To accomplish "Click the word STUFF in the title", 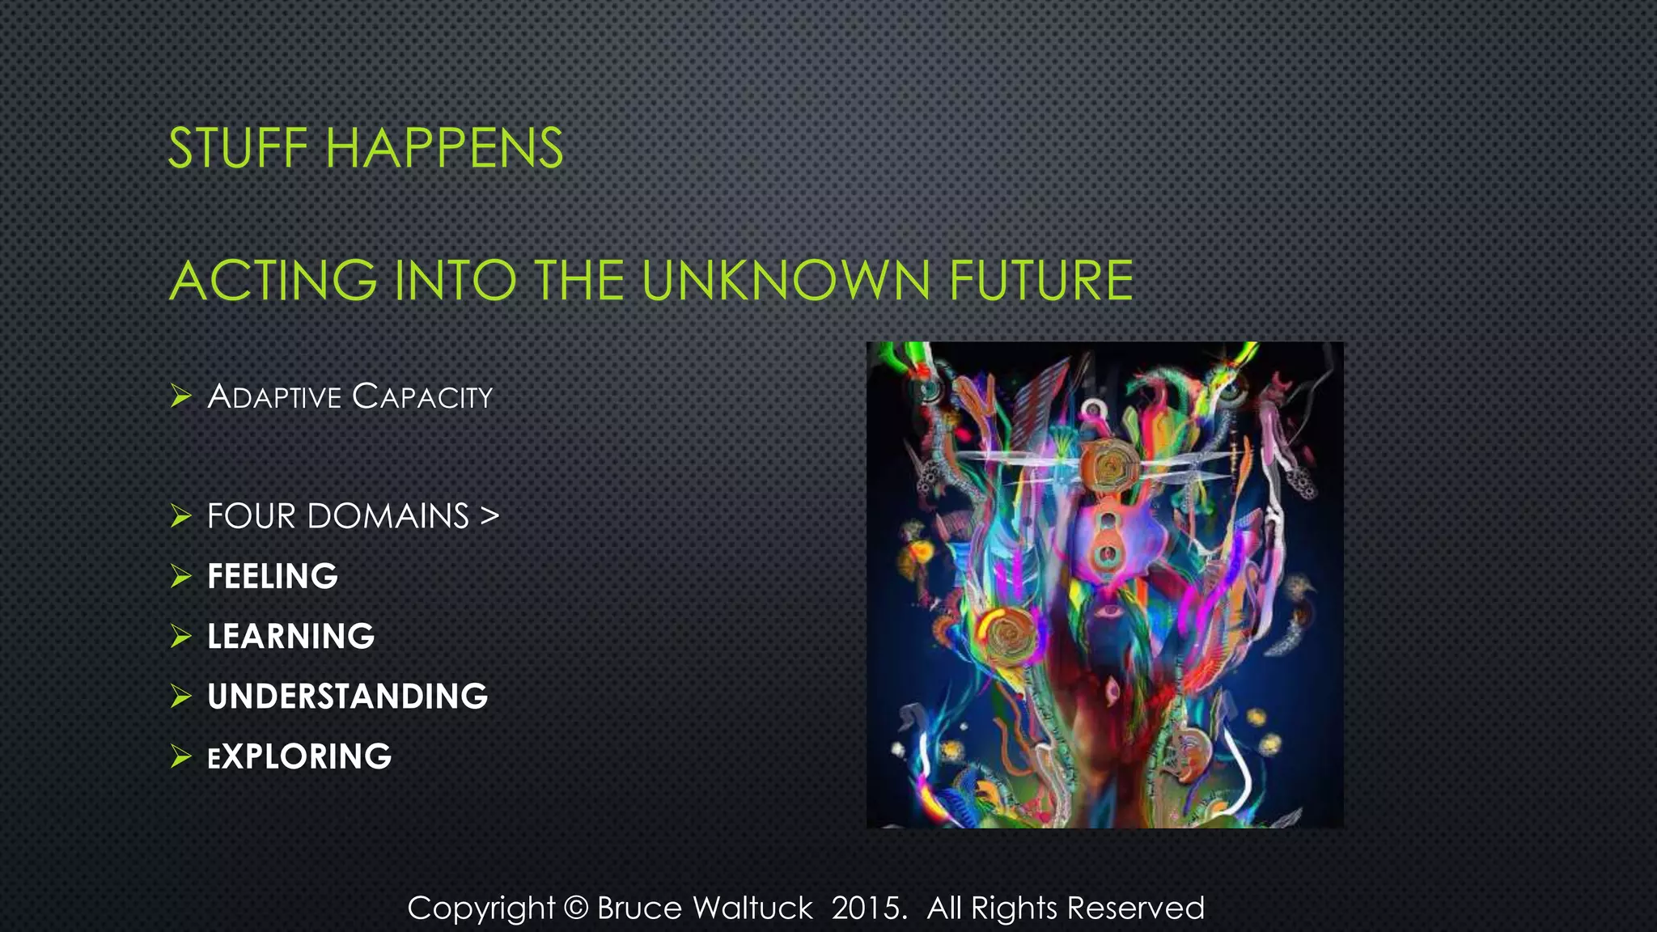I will (238, 149).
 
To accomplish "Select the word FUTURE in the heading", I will (1040, 281).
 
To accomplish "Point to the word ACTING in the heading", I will (273, 281).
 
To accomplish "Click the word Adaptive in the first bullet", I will (274, 397).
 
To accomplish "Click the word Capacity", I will (422, 397).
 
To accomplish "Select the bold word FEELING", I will (273, 577).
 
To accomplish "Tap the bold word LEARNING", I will (290, 637).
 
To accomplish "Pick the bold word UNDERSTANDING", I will (347, 697).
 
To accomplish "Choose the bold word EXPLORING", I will (299, 757).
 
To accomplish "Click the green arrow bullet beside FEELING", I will (180, 577).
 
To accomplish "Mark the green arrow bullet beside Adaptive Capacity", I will (180, 396).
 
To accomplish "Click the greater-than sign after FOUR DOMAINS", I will (489, 516).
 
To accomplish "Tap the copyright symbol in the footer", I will (575, 908).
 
